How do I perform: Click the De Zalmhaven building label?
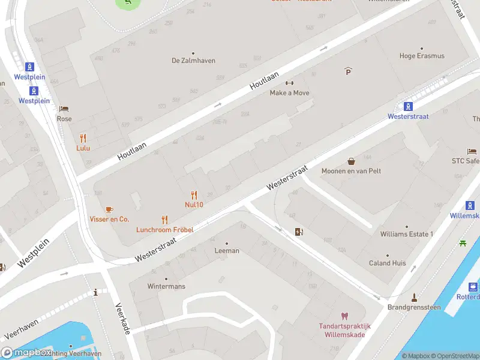(x=193, y=61)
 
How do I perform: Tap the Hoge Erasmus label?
(x=422, y=56)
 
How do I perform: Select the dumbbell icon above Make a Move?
(x=290, y=83)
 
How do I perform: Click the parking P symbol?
(x=348, y=71)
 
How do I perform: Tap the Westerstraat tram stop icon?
(x=408, y=106)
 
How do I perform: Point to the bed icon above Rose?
(x=64, y=109)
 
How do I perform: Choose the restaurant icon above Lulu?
(x=83, y=137)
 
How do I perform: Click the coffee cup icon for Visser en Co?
(x=109, y=209)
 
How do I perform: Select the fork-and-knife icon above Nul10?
(x=193, y=194)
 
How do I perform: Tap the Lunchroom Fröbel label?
(x=164, y=229)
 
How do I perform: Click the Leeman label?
(x=227, y=251)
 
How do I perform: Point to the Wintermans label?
(x=166, y=286)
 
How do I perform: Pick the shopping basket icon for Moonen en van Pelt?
(x=351, y=161)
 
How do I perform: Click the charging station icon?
(x=299, y=232)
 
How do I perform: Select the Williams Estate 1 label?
(x=406, y=234)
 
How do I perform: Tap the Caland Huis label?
(x=387, y=263)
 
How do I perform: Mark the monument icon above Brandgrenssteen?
(x=414, y=297)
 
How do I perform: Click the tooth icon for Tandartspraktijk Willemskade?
(x=344, y=316)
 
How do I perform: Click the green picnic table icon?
(x=463, y=242)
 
